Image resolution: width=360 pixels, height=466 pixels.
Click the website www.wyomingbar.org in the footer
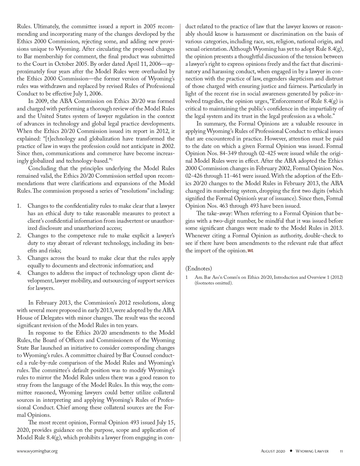[37, 451]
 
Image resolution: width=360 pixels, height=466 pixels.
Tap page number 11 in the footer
[341, 451]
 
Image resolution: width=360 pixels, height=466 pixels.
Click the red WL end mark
[250, 251]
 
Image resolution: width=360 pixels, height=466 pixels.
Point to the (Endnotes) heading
[199, 268]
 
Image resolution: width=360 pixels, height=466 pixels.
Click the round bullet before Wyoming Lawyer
[291, 451]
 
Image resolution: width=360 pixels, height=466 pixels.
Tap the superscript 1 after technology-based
[112, 159]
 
